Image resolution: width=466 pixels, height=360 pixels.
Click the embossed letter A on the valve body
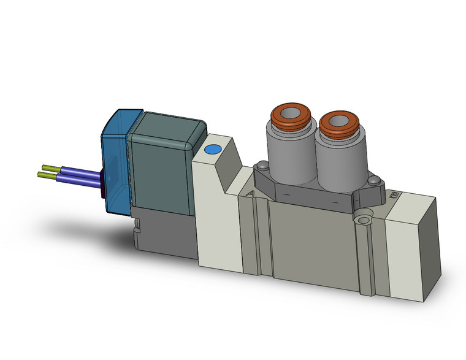[250, 194]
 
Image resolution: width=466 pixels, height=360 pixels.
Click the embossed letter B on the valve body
[394, 196]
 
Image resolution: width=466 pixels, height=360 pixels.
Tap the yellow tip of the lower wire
[45, 176]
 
